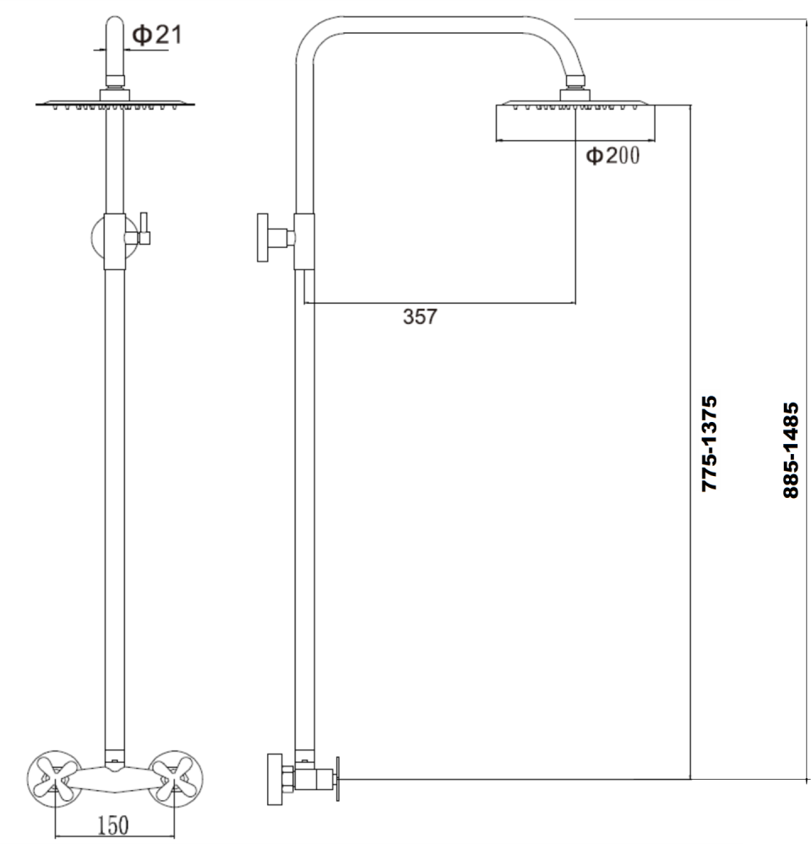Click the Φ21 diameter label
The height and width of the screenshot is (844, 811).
coord(157,35)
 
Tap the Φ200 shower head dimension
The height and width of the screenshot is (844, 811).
coord(613,156)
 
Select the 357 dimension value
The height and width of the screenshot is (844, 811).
coord(420,316)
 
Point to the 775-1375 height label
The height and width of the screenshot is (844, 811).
coord(709,444)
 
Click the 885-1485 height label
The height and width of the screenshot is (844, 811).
coord(791,449)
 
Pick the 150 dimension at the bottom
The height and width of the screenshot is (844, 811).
coord(112,825)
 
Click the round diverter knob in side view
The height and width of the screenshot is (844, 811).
coord(264,237)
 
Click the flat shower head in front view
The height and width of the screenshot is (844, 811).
coord(115,104)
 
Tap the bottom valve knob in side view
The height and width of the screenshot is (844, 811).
coord(274,777)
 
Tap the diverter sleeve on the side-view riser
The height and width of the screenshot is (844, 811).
coord(304,241)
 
